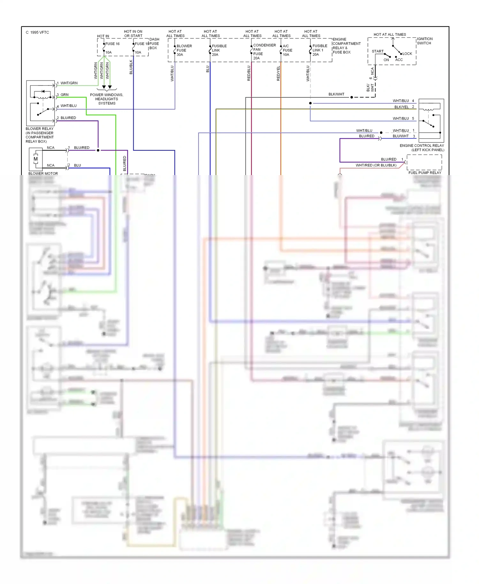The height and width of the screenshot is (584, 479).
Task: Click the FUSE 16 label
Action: coord(112,44)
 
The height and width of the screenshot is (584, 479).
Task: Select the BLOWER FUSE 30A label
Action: coord(184,50)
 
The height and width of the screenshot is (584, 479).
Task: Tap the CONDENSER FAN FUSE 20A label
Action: coord(264,51)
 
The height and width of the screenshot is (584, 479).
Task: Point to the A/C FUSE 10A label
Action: coord(287,50)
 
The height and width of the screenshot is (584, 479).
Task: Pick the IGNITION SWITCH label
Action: coord(424,41)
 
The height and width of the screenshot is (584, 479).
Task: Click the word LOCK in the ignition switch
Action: coord(407,54)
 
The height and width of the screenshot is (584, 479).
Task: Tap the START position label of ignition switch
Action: coord(377,51)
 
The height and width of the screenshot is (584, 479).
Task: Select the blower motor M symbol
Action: coord(36,159)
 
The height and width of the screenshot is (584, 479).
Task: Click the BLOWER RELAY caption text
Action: coord(40,135)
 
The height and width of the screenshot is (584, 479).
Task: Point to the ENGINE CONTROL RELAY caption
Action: coord(422,148)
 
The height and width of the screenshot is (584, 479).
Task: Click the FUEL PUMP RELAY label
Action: coord(425,173)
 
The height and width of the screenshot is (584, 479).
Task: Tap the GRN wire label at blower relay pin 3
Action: coord(65,95)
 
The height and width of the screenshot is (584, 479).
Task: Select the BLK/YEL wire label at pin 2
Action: coord(401,107)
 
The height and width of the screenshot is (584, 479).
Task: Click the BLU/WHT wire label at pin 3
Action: coord(400,136)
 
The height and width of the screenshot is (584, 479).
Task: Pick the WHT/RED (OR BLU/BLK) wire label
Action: coord(376,165)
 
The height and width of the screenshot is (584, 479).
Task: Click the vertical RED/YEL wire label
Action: coord(278,73)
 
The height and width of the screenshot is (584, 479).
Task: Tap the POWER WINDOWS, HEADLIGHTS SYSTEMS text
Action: coord(107,99)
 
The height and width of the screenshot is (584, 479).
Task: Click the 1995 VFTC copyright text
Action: coord(37,32)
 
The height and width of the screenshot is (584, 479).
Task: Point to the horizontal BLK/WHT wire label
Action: coord(336,94)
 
